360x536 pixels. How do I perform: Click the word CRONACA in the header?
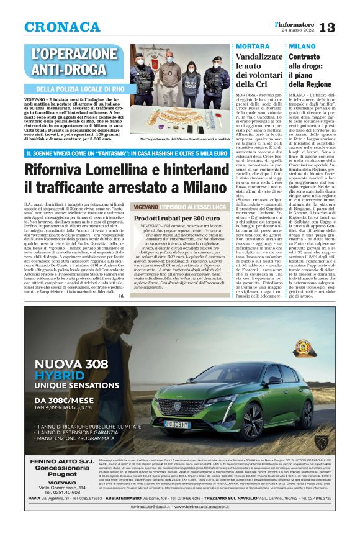pos(62,27)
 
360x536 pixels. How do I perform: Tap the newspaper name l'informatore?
pos(310,23)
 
